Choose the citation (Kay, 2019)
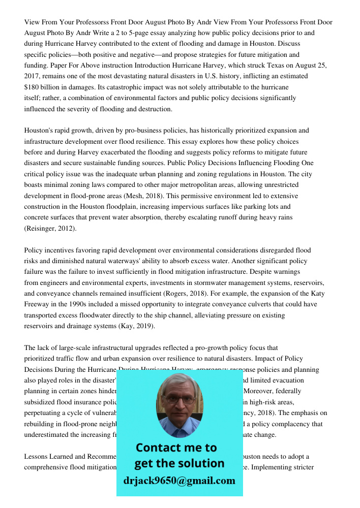[137, 326]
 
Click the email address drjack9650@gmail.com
[179, 481]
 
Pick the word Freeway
[37, 304]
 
